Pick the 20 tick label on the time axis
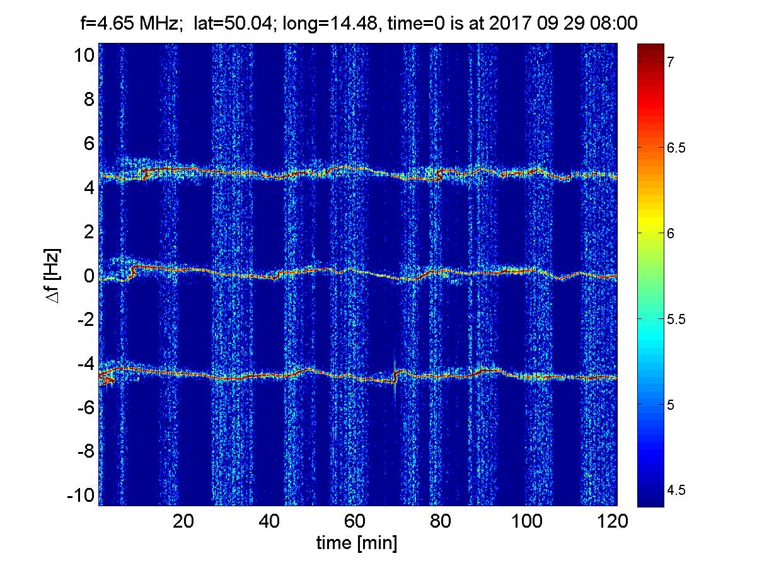point(183,521)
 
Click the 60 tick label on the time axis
point(355,521)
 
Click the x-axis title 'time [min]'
point(357,543)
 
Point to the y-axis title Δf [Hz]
point(54,275)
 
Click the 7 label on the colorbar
point(672,62)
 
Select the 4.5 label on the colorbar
point(676,490)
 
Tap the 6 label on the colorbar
point(672,233)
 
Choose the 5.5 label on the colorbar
point(676,319)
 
